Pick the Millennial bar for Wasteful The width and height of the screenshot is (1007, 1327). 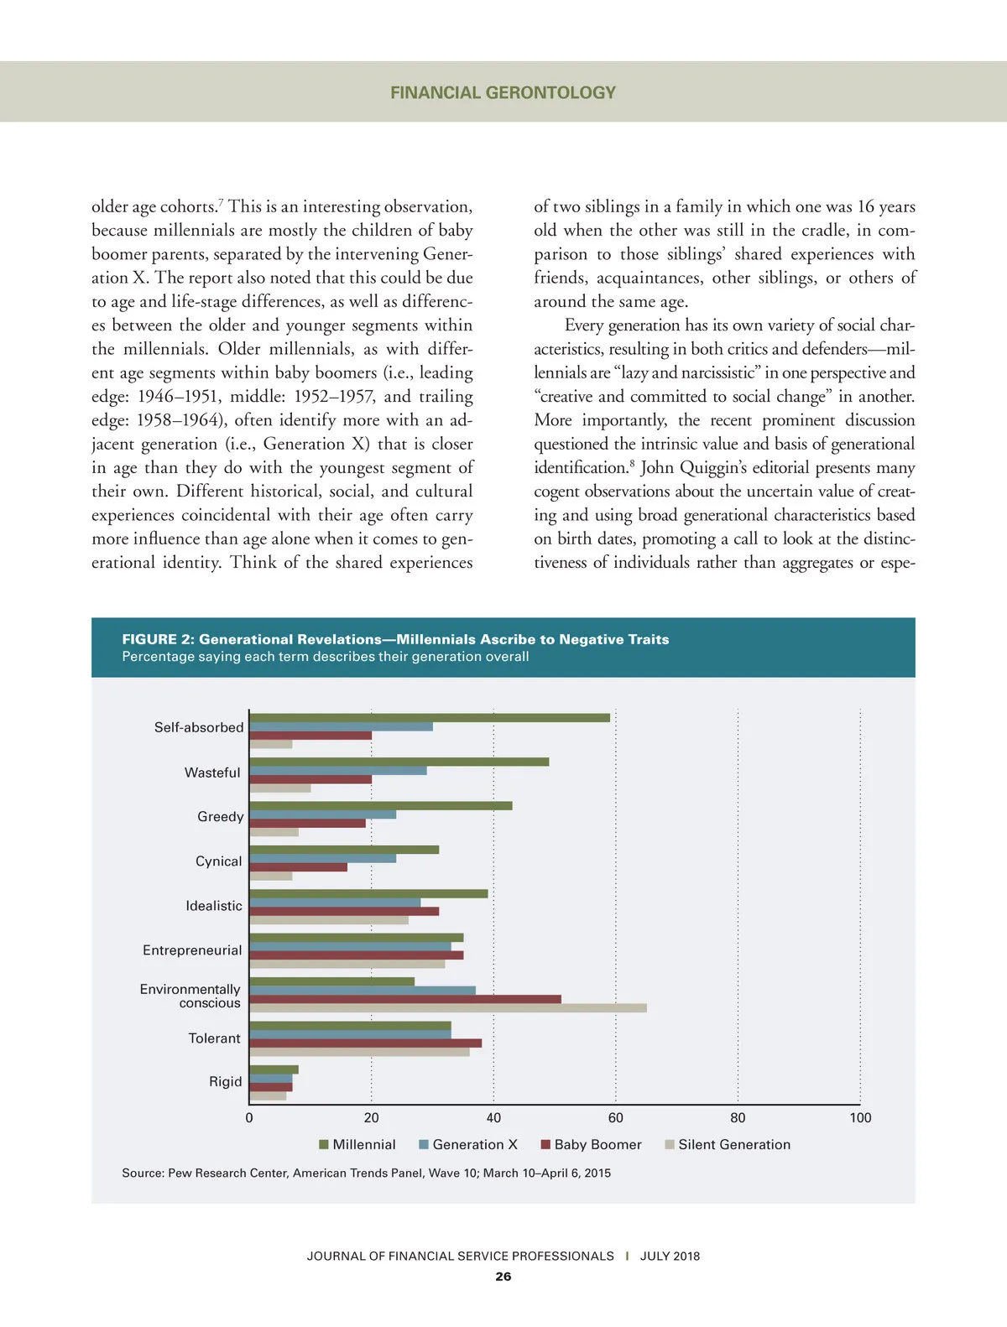(399, 762)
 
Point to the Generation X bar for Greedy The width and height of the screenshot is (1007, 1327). (323, 814)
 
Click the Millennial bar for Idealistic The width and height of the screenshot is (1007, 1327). (368, 893)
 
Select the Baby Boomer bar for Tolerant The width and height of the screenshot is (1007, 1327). (366, 1043)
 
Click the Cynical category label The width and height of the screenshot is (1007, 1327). (218, 861)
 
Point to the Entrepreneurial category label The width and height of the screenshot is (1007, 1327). (192, 950)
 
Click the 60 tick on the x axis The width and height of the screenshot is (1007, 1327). (616, 1118)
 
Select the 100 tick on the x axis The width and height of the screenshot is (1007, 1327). (860, 1118)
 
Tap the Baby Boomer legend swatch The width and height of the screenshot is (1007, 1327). (545, 1145)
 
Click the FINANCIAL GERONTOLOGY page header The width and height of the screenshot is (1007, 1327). (503, 93)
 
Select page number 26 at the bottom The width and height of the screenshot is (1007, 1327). (503, 1277)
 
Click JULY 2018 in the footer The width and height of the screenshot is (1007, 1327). (670, 1257)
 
